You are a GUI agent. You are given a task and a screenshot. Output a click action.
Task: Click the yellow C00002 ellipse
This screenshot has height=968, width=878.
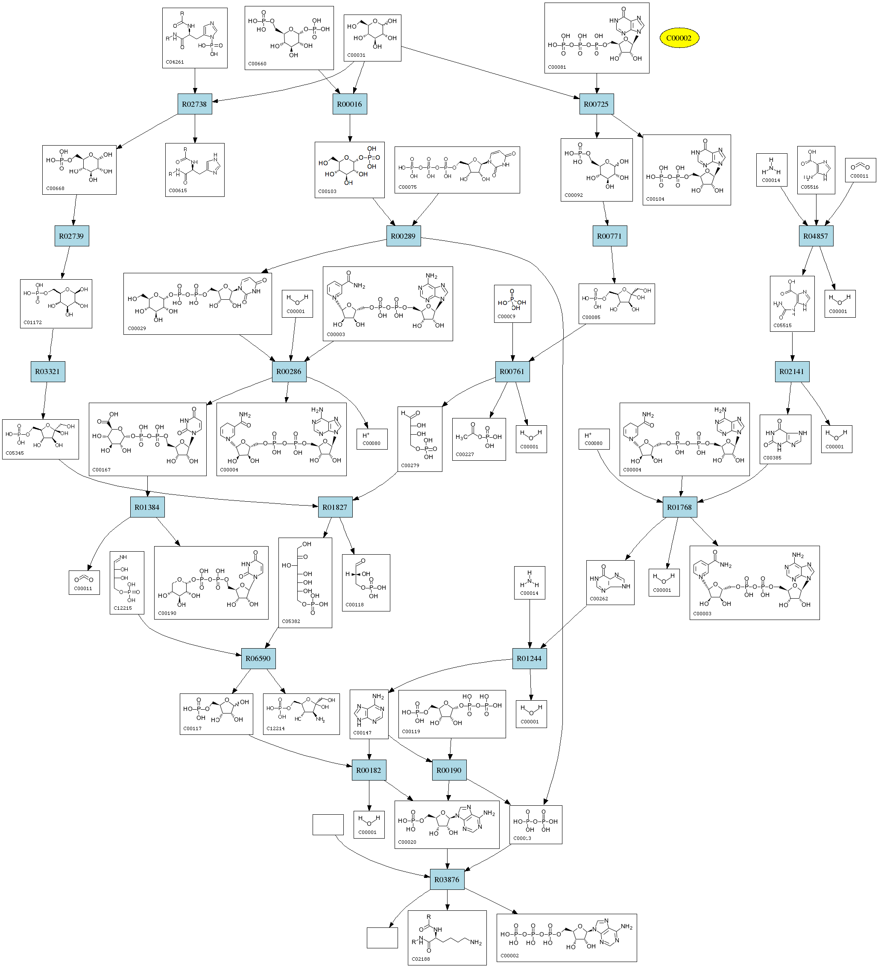[x=679, y=38]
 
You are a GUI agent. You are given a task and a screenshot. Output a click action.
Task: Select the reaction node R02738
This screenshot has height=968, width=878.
[x=195, y=104]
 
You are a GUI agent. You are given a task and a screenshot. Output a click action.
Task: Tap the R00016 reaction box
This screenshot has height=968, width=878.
[x=349, y=104]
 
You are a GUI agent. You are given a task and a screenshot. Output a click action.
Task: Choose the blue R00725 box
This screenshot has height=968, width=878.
[x=596, y=104]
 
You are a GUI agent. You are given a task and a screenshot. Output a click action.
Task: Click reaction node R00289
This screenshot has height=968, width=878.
[x=404, y=236]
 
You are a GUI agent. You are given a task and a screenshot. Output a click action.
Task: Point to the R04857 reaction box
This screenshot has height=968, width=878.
[x=816, y=236]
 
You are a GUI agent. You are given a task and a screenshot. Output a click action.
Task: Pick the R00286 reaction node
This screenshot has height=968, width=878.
[x=289, y=371]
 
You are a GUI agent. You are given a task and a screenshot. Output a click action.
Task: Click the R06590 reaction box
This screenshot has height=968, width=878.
[x=258, y=659]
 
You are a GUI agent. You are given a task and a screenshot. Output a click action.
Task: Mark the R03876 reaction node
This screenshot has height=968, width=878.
[x=447, y=880]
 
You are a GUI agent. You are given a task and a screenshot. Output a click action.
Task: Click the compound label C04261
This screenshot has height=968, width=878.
[x=175, y=62]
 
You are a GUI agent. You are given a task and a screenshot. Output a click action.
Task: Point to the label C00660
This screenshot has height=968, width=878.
[x=257, y=63]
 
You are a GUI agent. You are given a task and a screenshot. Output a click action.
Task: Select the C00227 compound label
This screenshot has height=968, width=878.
[x=465, y=454]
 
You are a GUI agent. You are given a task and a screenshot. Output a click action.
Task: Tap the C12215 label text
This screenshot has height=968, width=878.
[x=123, y=608]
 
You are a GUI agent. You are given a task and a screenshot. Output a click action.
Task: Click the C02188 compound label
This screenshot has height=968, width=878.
[x=421, y=959]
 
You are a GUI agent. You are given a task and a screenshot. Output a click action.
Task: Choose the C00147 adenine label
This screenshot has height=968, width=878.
[x=362, y=733]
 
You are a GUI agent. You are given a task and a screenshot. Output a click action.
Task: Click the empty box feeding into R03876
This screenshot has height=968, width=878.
[x=328, y=825]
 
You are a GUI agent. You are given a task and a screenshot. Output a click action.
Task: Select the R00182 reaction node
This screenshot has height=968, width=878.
[x=369, y=771]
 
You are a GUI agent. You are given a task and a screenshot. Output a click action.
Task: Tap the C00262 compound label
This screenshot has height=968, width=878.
[x=599, y=599]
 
